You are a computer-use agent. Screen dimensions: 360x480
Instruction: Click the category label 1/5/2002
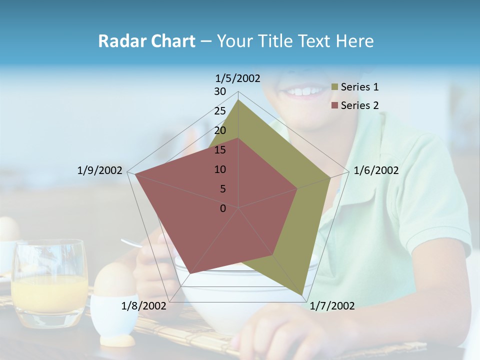pyautogui.click(x=238, y=78)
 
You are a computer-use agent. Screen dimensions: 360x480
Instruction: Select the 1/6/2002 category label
pyautogui.click(x=376, y=170)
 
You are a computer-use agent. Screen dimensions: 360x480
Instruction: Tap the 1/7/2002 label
pyautogui.click(x=332, y=306)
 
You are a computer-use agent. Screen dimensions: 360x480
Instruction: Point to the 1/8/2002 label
pyautogui.click(x=143, y=306)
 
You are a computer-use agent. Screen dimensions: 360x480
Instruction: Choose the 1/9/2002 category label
pyautogui.click(x=99, y=170)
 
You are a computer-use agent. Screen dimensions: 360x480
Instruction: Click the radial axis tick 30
pyautogui.click(x=220, y=91)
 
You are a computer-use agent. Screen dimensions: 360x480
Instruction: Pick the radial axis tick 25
pyautogui.click(x=220, y=111)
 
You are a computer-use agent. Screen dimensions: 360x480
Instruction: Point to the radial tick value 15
pyautogui.click(x=220, y=150)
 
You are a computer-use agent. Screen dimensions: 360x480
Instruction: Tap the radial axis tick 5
pyautogui.click(x=222, y=189)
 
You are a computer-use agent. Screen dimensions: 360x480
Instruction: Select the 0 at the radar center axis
pyautogui.click(x=223, y=208)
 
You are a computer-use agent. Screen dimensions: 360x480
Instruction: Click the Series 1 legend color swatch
pyautogui.click(x=335, y=87)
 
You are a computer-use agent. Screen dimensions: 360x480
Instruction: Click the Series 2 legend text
pyautogui.click(x=359, y=105)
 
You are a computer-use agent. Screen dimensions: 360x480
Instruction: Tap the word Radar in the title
pyautogui.click(x=119, y=41)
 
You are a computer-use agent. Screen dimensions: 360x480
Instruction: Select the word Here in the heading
pyautogui.click(x=354, y=41)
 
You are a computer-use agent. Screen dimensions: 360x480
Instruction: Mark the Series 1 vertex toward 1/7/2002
pyautogui.click(x=302, y=295)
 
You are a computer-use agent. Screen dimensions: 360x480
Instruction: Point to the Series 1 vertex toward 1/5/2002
pyautogui.click(x=238, y=99)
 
